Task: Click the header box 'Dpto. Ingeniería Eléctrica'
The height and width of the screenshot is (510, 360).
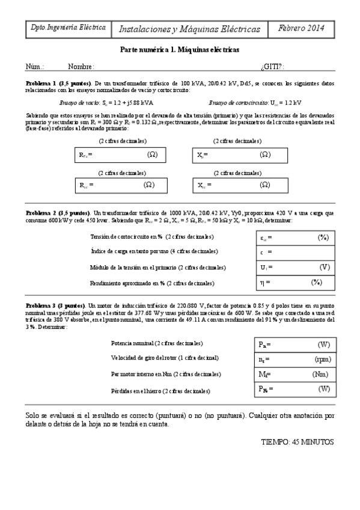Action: (68, 28)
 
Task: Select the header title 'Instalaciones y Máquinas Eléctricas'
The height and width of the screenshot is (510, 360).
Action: (190, 28)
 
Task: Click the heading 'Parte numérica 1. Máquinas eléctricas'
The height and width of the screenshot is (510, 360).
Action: (180, 50)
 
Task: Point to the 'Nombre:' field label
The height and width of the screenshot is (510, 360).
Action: (81, 66)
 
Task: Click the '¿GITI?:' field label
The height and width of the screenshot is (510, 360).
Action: (272, 66)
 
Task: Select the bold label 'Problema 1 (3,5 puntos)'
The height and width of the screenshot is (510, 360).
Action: (58, 82)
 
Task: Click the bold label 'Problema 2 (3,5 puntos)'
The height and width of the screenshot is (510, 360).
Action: (58, 213)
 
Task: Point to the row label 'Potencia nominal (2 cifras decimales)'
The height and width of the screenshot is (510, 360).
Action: (157, 343)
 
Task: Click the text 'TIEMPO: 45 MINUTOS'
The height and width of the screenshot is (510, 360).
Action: (297, 441)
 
